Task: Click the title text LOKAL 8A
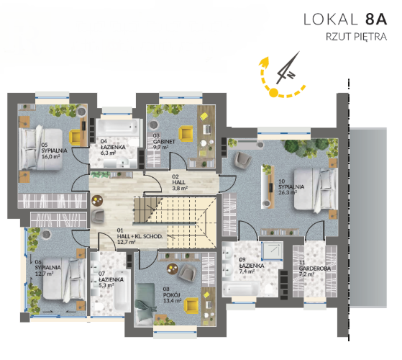345,19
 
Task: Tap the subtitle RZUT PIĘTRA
356,37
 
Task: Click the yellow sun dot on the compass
274,92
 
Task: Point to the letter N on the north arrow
291,75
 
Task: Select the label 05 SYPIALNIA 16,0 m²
54,150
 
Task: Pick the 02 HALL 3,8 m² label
180,182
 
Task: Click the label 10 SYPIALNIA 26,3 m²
291,186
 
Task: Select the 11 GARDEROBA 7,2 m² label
314,269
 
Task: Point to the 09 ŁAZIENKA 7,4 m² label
252,265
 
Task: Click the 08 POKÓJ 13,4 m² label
173,294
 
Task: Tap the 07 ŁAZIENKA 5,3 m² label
111,279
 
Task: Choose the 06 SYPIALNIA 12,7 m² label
47,268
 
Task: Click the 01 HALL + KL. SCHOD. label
140,236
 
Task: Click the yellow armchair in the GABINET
186,134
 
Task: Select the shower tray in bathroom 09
272,251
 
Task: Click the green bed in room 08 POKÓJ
145,304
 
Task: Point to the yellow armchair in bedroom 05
76,137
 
